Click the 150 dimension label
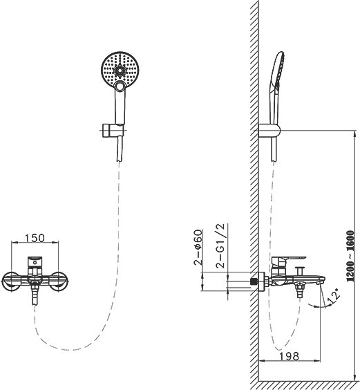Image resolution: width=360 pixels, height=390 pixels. pos(35,238)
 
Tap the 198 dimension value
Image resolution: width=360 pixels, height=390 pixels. pos(289,356)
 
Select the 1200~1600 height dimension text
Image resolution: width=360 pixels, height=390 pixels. pos(350,256)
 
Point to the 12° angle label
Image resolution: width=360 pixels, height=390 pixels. pos(334,296)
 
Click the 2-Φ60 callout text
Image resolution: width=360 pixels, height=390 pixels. pos(198,248)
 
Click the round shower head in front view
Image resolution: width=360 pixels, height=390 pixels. pos(120,69)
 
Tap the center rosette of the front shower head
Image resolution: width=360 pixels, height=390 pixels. pos(120,71)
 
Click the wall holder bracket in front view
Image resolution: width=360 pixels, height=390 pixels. pos(113,130)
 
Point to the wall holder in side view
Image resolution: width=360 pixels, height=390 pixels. pos(269,130)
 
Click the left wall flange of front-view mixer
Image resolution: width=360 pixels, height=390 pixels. pos(11,281)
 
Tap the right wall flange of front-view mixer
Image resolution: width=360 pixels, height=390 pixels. pos(59,281)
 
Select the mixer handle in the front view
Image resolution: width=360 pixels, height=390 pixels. pos(35,261)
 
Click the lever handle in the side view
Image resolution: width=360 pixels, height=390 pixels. pos(289,261)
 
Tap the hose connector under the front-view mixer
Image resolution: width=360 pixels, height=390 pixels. pos(35,294)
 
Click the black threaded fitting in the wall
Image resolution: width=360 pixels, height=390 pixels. pos(254,281)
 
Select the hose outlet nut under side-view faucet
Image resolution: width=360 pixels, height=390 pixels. pos(300,290)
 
